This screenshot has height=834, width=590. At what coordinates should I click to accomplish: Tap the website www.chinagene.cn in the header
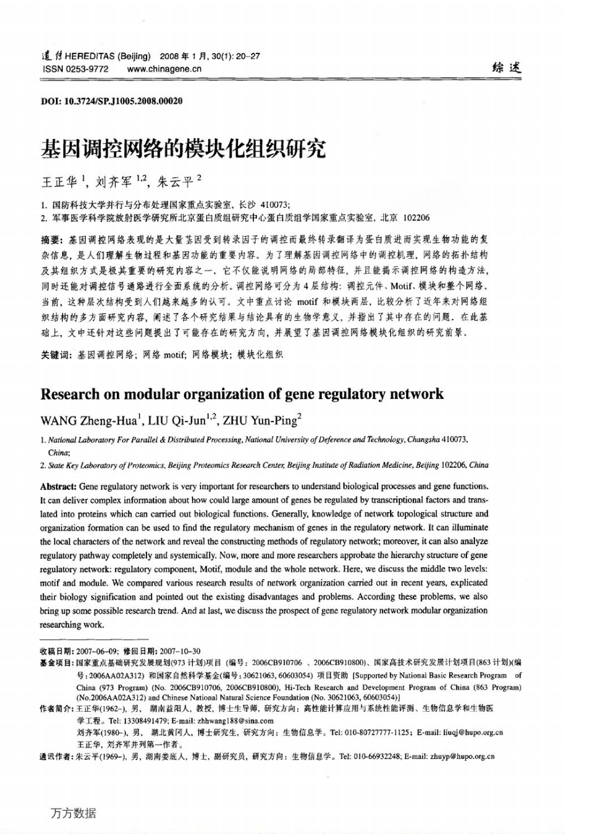coord(164,69)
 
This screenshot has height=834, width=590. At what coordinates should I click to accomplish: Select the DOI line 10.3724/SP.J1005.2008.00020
coord(112,101)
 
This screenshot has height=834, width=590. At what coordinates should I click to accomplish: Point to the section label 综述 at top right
coord(506,68)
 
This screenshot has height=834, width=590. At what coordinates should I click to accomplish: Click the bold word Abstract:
coord(58,486)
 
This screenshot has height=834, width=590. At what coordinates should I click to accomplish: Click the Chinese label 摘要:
coord(52,240)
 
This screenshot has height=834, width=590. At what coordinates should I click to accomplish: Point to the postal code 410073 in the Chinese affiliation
coord(275,204)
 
